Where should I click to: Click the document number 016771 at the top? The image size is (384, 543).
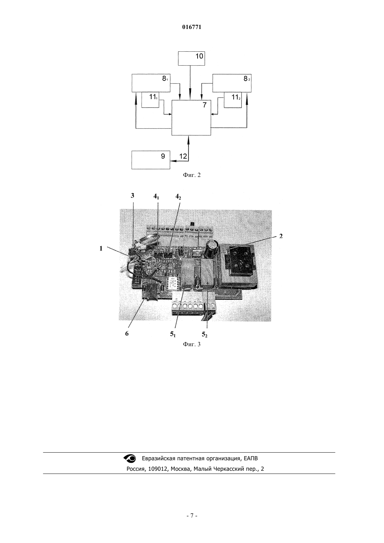(192, 27)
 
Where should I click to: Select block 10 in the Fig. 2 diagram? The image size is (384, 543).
(191, 58)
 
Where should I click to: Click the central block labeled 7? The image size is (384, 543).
(191, 118)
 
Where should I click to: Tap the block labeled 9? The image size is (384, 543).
(151, 160)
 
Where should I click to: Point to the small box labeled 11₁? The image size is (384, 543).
(150, 100)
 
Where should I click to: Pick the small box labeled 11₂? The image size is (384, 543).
(233, 100)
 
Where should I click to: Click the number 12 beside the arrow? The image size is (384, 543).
(183, 156)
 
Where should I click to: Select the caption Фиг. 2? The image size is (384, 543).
(192, 175)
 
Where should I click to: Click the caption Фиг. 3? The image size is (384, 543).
(192, 344)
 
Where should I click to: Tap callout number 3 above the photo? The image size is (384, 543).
(132, 195)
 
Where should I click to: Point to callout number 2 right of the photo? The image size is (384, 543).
(281, 236)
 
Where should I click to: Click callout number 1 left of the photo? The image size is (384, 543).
(101, 248)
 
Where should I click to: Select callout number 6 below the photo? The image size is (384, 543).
(127, 334)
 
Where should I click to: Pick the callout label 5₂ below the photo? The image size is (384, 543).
(205, 335)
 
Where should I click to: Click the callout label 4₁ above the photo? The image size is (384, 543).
(156, 196)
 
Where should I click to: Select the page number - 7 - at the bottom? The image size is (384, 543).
(192, 516)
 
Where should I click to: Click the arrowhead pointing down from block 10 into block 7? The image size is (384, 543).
(190, 97)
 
